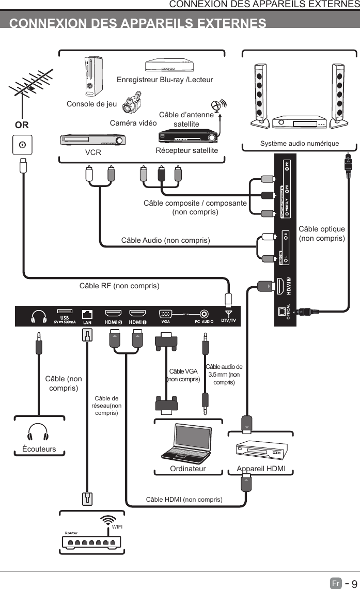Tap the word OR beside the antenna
[22, 125]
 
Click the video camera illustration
[132, 102]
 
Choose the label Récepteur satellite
[187, 150]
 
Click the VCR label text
[93, 153]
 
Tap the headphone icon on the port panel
[39, 316]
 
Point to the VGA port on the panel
[166, 314]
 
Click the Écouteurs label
[39, 449]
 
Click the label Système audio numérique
[300, 143]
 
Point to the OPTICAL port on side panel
[281, 312]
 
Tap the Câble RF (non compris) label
[119, 286]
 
